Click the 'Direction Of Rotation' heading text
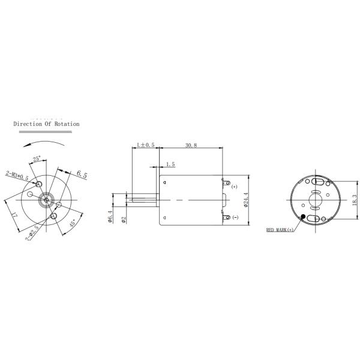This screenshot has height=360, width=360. tap(46, 124)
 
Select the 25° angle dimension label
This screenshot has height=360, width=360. tap(37, 159)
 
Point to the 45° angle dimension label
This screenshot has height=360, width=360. tap(73, 223)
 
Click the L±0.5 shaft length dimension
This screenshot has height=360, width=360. tap(146, 145)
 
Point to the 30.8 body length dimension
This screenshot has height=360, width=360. tap(192, 145)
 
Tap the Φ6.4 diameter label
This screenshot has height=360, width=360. tap(110, 216)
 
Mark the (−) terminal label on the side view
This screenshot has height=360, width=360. tap(235, 217)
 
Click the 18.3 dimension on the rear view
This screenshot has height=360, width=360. tap(355, 199)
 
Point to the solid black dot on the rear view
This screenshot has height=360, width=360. tap(304, 217)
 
